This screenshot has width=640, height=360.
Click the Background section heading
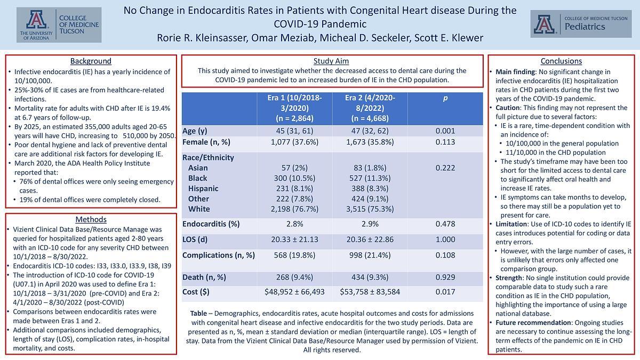[91, 61]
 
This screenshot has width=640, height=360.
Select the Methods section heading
[91, 219]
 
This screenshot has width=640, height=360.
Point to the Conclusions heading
[561, 61]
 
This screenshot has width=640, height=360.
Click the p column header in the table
[445, 99]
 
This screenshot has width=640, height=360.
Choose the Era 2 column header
[369, 108]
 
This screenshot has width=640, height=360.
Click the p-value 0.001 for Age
[445, 131]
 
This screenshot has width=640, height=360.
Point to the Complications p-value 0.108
[445, 255]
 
